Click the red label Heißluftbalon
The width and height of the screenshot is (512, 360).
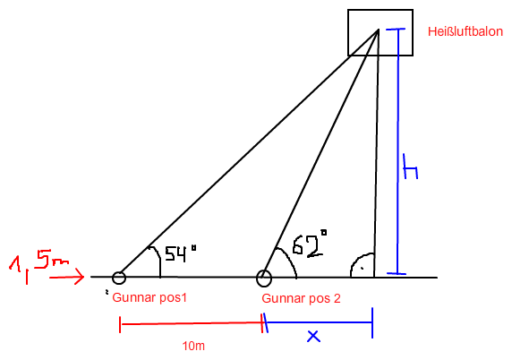point(465,31)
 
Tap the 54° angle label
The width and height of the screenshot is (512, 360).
point(181,253)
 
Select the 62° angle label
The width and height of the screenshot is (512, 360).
point(309,244)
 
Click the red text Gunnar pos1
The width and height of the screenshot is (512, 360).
point(149,298)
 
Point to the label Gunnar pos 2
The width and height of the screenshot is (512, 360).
point(301,298)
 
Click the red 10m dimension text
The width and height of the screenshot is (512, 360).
point(193,346)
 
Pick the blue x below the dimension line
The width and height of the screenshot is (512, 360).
point(313,336)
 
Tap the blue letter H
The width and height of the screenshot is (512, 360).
point(411,167)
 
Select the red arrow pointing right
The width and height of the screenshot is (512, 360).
point(66,278)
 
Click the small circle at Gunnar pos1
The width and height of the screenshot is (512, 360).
point(119,278)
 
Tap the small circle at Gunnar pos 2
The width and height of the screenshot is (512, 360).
point(264,279)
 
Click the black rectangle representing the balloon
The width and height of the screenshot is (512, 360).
point(348,32)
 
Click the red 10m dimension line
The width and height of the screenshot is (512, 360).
point(192,324)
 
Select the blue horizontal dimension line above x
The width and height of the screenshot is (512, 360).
point(319,322)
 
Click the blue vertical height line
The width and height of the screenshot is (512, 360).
point(397,151)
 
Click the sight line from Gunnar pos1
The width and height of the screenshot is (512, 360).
point(249,153)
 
